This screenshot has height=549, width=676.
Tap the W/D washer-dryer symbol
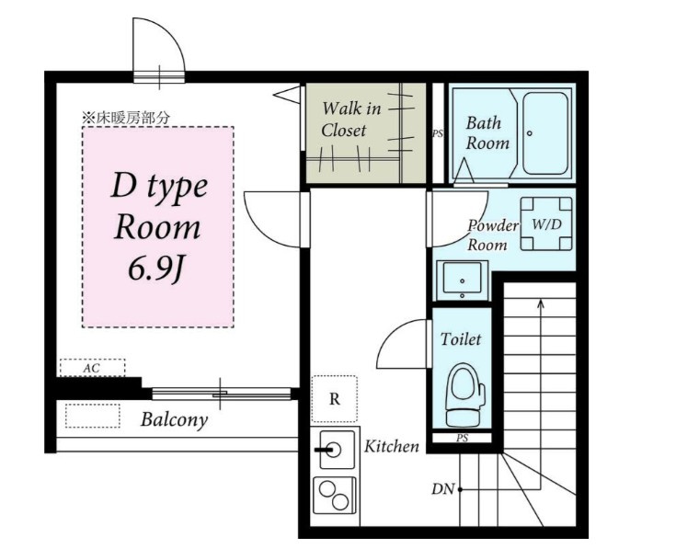(546, 224)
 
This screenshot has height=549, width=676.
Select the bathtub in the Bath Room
(544, 133)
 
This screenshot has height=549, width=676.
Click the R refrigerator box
(335, 398)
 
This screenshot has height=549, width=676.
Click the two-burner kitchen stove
(335, 496)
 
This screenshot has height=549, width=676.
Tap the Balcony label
(174, 419)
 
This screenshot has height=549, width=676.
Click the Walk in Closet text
(351, 119)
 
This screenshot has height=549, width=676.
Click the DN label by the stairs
(443, 489)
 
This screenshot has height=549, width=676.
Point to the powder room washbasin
(462, 280)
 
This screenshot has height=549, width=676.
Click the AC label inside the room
(92, 369)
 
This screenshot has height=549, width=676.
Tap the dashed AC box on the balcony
(93, 416)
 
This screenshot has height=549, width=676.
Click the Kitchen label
(392, 446)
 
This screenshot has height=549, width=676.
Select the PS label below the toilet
(462, 439)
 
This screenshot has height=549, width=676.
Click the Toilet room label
(461, 339)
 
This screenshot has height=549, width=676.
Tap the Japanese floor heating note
(126, 118)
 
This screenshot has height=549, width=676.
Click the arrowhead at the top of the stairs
(541, 303)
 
